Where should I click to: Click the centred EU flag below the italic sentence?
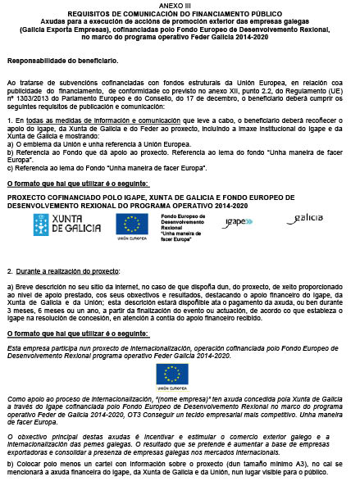172,374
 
